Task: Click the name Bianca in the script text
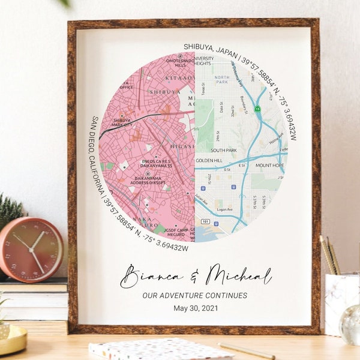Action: click(x=151, y=277)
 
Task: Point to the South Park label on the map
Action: click(x=224, y=150)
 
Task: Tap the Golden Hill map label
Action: click(x=210, y=161)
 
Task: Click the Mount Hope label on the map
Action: click(x=269, y=165)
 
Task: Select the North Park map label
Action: click(x=222, y=77)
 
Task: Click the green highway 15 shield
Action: click(x=257, y=109)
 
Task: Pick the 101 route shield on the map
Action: click(x=204, y=221)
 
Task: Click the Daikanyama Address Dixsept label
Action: click(x=147, y=181)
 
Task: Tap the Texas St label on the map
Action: click(x=203, y=90)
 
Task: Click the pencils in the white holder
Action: click(x=329, y=255)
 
